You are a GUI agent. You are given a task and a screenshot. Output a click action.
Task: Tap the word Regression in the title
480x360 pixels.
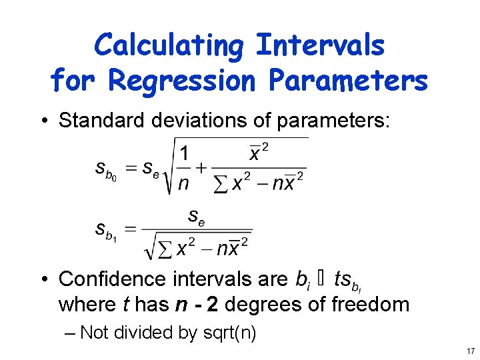click(x=181, y=81)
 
